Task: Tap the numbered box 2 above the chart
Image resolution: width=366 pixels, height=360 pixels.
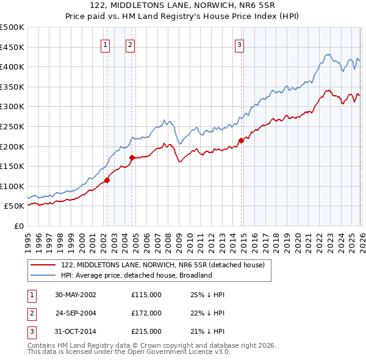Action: tap(131, 44)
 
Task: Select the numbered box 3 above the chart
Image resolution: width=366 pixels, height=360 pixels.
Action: tap(240, 44)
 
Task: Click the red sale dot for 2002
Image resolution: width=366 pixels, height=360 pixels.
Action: tap(107, 180)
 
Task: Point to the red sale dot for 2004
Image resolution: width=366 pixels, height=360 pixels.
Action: tap(132, 157)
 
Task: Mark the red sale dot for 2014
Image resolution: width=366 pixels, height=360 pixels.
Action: tap(241, 140)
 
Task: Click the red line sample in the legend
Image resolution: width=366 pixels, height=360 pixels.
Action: tap(43, 265)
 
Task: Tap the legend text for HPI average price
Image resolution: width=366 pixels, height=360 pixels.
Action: tap(136, 275)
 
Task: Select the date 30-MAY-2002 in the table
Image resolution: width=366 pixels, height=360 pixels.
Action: tap(75, 295)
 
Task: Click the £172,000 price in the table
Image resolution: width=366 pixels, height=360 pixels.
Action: tap(146, 313)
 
